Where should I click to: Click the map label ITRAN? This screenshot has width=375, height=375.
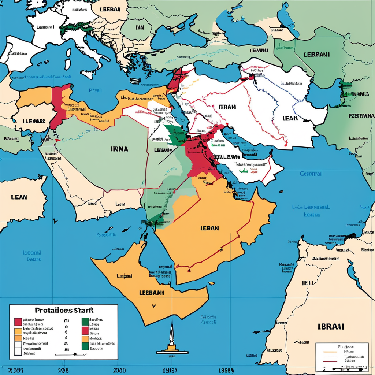(227, 107)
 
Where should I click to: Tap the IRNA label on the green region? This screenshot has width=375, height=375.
(119, 149)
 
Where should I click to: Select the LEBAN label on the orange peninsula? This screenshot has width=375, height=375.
(210, 228)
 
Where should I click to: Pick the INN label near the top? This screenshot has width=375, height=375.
(140, 27)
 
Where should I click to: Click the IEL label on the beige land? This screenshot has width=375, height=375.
(307, 283)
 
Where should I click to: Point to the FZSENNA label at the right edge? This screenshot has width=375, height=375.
(361, 116)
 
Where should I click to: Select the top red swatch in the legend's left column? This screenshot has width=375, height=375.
(18, 322)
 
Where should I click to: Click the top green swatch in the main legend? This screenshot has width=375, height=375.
(85, 322)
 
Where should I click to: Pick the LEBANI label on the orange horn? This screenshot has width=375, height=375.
(152, 293)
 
